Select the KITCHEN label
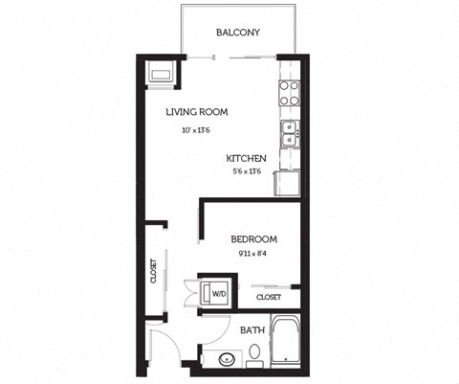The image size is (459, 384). tap(246, 158)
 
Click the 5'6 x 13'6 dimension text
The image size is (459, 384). tap(247, 172)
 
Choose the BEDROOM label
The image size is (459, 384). tap(254, 239)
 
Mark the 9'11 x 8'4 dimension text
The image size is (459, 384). tap(252, 255)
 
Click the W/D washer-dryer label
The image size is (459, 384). tap(219, 294)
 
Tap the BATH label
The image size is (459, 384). tap(251, 330)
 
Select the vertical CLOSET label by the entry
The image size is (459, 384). tap(153, 272)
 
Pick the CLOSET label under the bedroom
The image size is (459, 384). tap(269, 297)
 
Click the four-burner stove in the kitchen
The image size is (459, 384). tap(289, 92)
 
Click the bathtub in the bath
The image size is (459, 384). tap(287, 342)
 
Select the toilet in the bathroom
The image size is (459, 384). tap(253, 356)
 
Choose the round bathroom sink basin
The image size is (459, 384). tap(226, 361)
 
